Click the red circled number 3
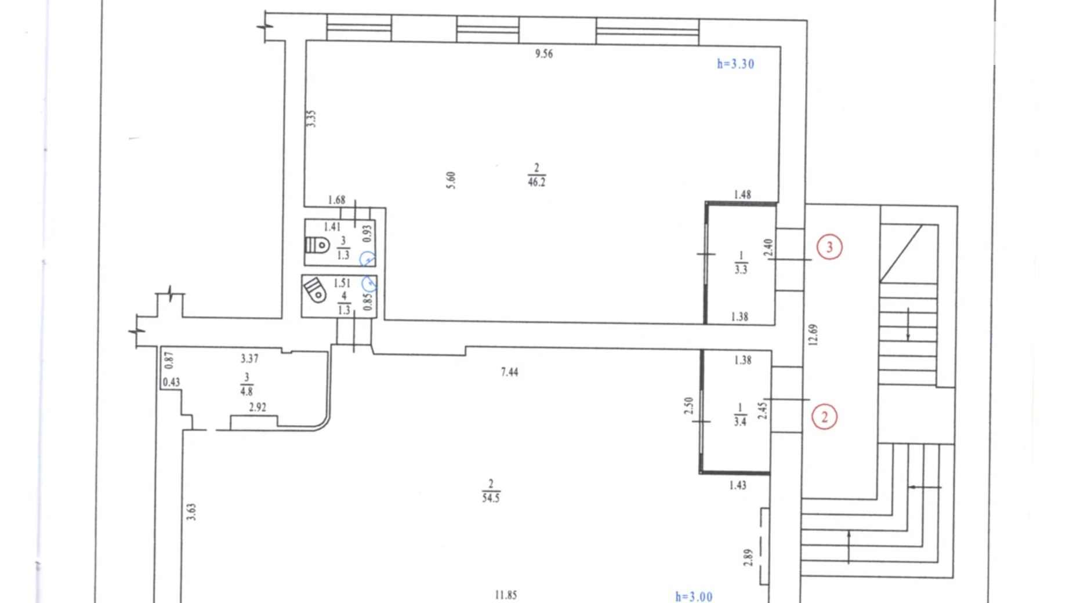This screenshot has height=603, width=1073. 829,247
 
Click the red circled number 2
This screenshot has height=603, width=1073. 824,417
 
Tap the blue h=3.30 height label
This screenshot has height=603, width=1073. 735,64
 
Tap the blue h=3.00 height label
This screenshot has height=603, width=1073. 694,597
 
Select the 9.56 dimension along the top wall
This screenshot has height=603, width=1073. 544,54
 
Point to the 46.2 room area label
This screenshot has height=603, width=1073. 536,182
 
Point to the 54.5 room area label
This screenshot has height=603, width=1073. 491,497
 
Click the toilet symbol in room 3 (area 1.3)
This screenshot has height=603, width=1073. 317,245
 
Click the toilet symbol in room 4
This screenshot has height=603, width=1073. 315,290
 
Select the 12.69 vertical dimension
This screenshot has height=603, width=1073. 813,335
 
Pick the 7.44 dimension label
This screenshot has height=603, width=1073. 510,372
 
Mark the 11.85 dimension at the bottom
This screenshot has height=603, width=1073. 506,595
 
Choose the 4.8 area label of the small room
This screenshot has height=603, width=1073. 246,391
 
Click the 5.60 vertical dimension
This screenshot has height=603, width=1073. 451,180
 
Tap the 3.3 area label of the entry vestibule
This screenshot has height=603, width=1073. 741,269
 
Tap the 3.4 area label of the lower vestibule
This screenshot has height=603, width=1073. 740,422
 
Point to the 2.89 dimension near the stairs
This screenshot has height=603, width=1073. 748,557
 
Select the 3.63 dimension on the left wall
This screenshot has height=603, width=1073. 191,512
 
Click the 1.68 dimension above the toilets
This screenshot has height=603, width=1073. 336,200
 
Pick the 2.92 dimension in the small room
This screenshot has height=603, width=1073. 258,408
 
